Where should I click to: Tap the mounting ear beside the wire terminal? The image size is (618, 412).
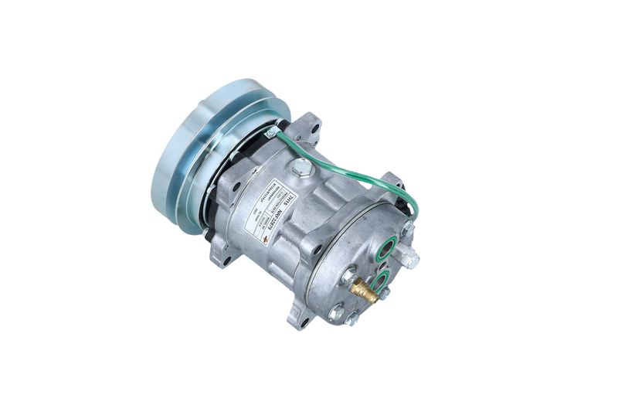click(307, 127)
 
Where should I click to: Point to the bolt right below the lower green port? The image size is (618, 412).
click(384, 293)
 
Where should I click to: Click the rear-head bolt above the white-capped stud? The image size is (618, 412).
click(407, 230)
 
